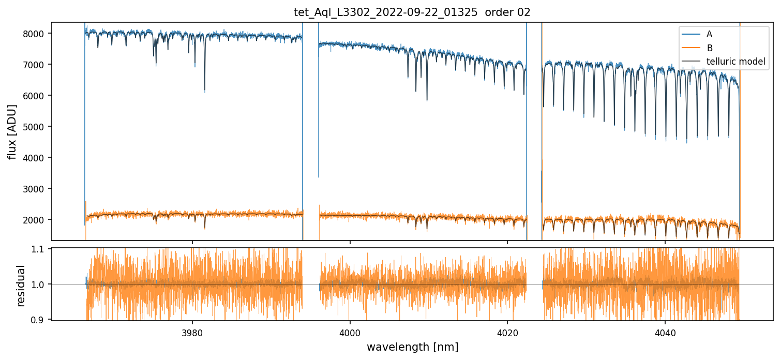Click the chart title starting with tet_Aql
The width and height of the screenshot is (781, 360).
(x=412, y=12)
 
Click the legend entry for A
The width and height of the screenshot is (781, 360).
(x=709, y=34)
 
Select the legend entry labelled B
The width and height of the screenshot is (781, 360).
(x=709, y=48)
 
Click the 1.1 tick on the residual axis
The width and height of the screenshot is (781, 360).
(x=41, y=249)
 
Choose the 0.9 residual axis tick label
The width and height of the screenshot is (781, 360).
(x=41, y=320)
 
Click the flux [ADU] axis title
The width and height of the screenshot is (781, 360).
(x=12, y=131)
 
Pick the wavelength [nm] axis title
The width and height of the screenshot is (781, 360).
(x=412, y=347)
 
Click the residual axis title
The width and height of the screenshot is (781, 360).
(x=21, y=285)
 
